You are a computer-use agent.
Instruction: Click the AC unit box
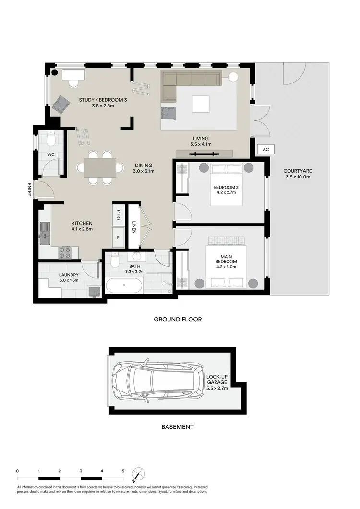pos(265,150)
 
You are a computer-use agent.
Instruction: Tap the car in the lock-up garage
pos(156,381)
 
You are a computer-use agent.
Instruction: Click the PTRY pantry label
pos(118,215)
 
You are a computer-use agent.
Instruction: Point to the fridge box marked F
pos(118,237)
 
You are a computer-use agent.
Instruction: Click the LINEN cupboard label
pos(133,224)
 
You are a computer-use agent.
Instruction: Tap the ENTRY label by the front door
pos(30,190)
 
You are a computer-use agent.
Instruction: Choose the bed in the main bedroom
pos(227,264)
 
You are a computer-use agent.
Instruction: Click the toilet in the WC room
pos(52,139)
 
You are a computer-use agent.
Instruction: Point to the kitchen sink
pos(45,234)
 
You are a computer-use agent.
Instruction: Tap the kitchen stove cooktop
pos(65,250)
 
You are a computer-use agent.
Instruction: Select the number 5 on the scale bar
pos(123,471)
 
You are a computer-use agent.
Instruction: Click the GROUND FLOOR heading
pos(177,319)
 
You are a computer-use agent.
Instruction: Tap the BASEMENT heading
pos(177,426)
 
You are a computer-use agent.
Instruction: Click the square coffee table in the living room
pos(201,103)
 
